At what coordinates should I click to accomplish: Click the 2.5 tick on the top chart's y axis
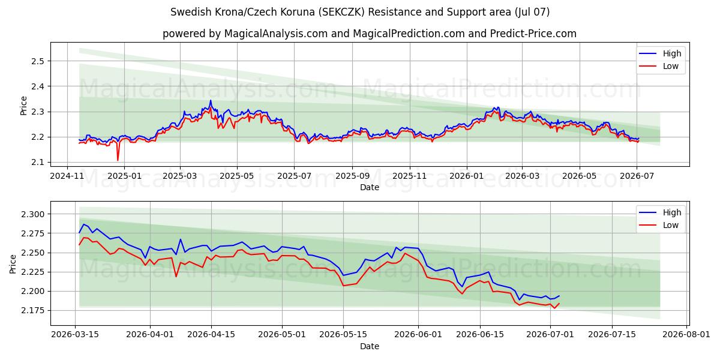coord(38,61)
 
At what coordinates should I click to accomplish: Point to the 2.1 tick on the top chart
coord(38,163)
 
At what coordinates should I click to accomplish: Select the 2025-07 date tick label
coord(295,176)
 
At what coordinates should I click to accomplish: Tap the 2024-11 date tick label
coord(67,176)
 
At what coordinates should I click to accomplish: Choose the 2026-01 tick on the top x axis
coord(467,176)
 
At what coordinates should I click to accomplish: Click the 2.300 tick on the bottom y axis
coord(33,214)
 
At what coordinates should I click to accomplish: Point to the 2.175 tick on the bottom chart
coord(33,311)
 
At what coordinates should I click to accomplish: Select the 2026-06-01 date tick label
coord(418,335)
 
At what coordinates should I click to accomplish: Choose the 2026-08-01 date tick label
coord(686,335)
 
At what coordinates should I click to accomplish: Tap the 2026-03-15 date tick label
coord(75,335)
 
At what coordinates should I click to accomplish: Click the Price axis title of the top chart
coord(23,106)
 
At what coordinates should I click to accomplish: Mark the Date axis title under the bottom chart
coord(370,346)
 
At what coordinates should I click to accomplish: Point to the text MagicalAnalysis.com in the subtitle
coord(276,34)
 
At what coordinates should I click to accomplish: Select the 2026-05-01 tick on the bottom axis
coord(282,335)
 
